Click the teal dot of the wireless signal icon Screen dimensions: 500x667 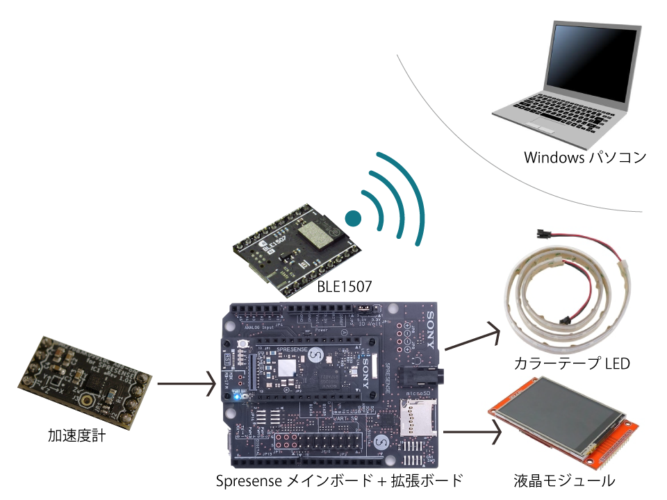(x=353, y=219)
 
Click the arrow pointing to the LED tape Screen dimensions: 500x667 (x=472, y=337)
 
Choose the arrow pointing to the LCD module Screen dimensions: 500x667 (x=472, y=432)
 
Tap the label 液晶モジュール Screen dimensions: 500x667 (x=564, y=481)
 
